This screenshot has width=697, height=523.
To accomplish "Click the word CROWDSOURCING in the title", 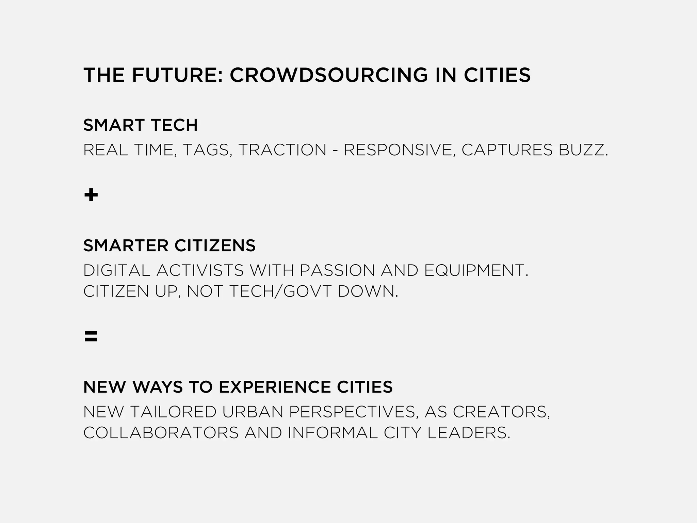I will tap(329, 75).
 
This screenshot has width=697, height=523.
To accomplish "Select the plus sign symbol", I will tap(91, 195).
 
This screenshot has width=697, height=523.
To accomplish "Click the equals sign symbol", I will tap(91, 336).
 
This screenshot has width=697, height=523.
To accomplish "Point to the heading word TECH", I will tap(174, 125).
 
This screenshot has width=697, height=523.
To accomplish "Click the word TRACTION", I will tap(282, 150).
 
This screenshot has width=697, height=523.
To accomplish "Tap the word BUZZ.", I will tap(583, 150).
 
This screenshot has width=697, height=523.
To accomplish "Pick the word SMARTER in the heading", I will tap(126, 245).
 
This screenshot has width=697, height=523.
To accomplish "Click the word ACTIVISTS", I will tap(200, 271).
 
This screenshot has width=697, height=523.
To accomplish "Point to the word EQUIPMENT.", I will tap(476, 271).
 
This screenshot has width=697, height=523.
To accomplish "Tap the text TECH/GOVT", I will tap(280, 291).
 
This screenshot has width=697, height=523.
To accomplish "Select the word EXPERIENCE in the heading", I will tap(274, 387).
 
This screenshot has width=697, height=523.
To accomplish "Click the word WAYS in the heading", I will tap(157, 387).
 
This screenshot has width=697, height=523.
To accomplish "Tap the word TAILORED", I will tap(173, 412).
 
